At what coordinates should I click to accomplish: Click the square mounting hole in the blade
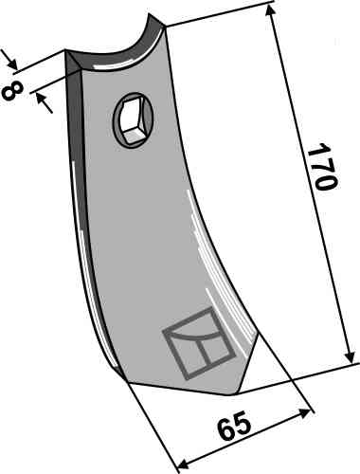tap(131, 119)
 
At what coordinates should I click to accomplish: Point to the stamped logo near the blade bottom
tap(197, 343)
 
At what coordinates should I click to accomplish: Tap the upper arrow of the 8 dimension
tap(12, 64)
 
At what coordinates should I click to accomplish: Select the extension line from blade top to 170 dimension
tap(218, 9)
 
